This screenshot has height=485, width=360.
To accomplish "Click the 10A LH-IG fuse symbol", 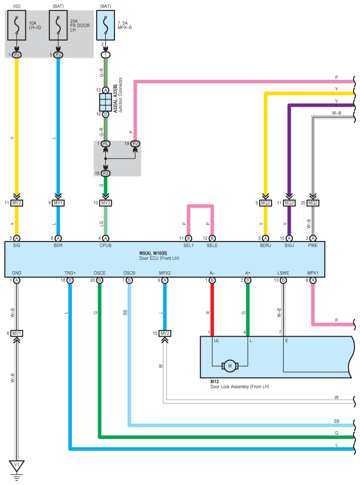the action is (x=17, y=26).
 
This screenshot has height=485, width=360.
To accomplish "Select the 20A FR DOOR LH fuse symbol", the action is (x=58, y=26).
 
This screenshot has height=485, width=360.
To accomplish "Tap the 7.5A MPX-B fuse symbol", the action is (x=106, y=26).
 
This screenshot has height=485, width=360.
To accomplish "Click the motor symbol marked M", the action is (x=230, y=366).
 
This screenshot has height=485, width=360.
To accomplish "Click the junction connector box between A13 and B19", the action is (x=106, y=102).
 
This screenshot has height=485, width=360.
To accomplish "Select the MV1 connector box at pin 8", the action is (x=17, y=333).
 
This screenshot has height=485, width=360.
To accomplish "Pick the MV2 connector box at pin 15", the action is (x=165, y=333).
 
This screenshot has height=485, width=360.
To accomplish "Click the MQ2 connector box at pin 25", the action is (x=313, y=203).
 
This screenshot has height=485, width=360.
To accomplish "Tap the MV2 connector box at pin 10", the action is (x=106, y=203).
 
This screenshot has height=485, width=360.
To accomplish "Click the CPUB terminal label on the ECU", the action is (x=105, y=246).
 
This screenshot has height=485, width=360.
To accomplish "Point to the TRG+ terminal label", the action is (x=70, y=273).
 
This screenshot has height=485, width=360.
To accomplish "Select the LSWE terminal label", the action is (x=283, y=273).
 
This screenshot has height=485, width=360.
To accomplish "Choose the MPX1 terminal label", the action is (x=313, y=273).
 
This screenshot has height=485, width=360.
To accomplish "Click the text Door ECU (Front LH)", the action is (x=159, y=258).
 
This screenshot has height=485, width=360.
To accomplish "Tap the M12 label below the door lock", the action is (x=214, y=382).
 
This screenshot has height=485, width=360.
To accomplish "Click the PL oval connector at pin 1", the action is (x=106, y=143).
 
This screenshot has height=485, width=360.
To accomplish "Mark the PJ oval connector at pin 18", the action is (x=106, y=173).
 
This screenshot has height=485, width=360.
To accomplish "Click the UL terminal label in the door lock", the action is (x=217, y=341).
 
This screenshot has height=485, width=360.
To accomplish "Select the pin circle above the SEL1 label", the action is (x=188, y=238).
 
